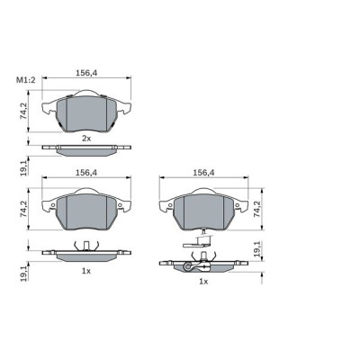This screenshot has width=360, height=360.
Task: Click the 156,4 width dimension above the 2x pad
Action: [85, 77]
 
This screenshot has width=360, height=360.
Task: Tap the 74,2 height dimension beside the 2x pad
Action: [26, 111]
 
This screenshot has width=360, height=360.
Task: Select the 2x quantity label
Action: [86, 138]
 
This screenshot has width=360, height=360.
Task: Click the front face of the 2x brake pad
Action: [86, 112]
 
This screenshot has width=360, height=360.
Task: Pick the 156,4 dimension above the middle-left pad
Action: [85, 173]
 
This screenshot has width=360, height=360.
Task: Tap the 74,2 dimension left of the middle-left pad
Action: [26, 209]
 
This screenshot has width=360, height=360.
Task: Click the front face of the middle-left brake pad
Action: [86, 212]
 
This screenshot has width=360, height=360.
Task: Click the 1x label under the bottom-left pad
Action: [86, 270]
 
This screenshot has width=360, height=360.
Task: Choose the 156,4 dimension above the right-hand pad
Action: [203, 173]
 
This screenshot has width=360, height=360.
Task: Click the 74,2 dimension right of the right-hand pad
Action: [262, 209]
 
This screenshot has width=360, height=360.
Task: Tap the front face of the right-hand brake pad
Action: [203, 212]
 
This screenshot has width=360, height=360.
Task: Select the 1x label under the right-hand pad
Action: [203, 282]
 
